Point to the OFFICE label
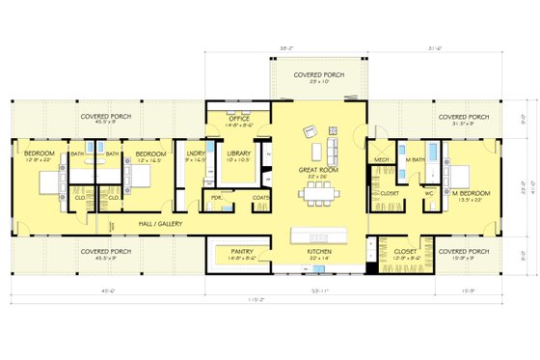tap(239, 120)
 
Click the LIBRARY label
tap(239, 153)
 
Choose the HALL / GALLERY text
tap(161, 222)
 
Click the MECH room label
tap(381, 159)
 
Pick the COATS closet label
tap(259, 199)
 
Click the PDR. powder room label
tap(217, 199)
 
